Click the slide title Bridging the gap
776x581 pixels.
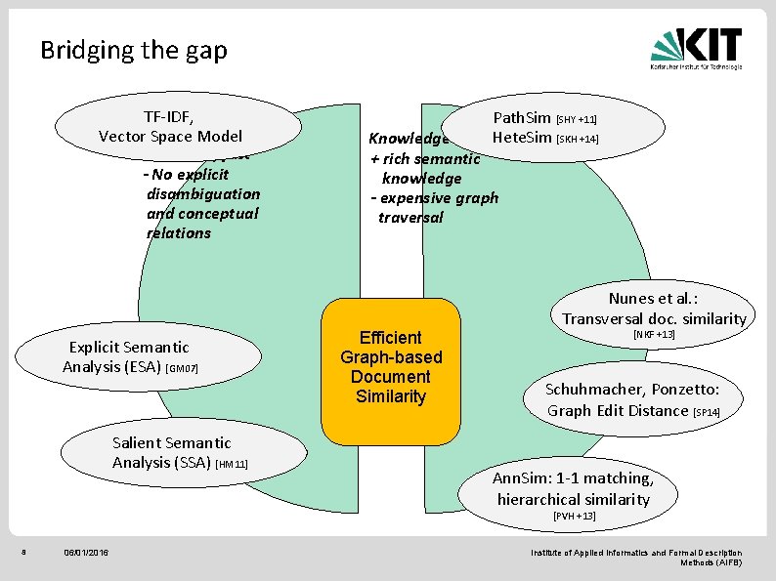134,50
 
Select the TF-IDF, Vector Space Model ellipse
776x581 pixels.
176,125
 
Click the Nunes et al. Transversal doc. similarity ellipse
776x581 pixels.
653,308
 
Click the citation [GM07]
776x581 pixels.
183,369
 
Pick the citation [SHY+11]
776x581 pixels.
577,120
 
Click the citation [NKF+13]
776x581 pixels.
654,335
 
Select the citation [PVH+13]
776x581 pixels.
574,516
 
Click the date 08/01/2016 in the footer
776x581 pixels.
85,554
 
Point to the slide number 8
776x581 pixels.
23,554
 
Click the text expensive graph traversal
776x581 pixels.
437,207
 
